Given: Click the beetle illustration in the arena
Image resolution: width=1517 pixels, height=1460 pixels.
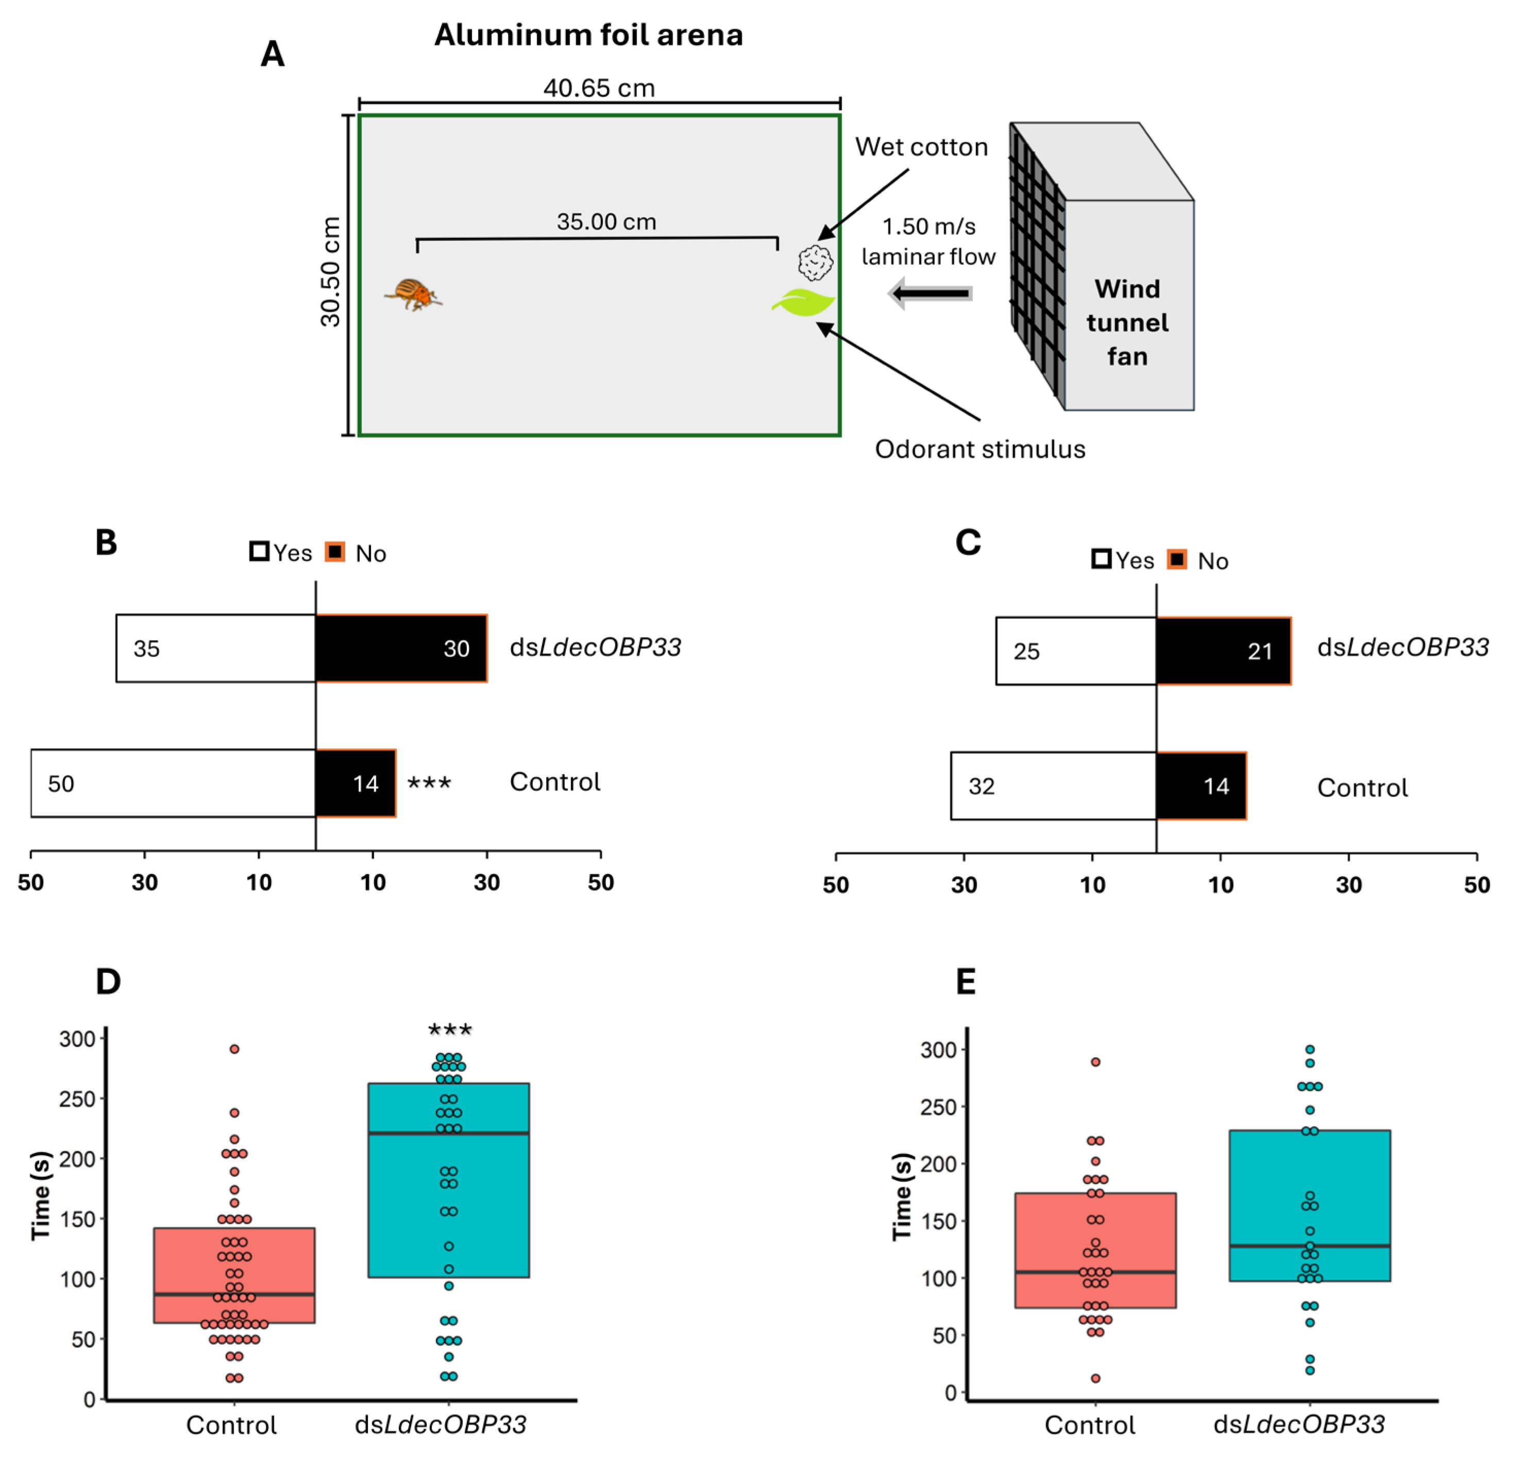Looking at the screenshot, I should [413, 294].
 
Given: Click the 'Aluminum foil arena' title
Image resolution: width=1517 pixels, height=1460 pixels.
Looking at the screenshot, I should [588, 35].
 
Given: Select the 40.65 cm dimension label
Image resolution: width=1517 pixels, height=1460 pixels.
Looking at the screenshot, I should [599, 88].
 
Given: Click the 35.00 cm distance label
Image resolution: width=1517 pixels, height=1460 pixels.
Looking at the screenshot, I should [606, 222].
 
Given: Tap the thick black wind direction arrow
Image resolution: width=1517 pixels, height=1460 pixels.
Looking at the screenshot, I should [931, 293].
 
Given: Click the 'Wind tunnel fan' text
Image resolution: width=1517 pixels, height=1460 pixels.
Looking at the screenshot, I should [1127, 322].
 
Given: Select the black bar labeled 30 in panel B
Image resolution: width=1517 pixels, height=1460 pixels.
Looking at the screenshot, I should [401, 648].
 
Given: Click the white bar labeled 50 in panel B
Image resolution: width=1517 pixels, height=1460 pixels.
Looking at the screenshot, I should [173, 783].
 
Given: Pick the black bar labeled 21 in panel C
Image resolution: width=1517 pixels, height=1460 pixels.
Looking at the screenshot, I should [1223, 651].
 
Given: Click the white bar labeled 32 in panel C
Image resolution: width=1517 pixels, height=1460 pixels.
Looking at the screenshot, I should [1053, 785].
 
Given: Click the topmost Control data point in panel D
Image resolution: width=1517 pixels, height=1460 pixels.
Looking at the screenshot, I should [234, 1049].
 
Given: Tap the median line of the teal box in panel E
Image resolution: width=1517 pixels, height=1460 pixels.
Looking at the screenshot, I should [1309, 1246].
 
